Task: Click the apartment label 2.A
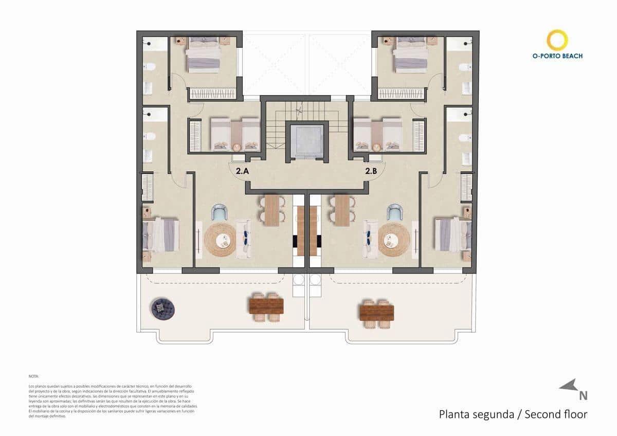(242, 172)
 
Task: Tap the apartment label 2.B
(371, 172)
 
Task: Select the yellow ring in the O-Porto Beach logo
(557, 40)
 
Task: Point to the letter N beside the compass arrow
(583, 395)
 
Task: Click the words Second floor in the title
(555, 414)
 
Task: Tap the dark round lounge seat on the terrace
(162, 308)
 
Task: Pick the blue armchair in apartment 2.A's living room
(220, 212)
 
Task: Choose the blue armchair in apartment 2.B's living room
(395, 212)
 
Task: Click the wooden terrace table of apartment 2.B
(376, 313)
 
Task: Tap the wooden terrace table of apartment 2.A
(266, 306)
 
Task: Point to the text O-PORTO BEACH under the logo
(557, 56)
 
